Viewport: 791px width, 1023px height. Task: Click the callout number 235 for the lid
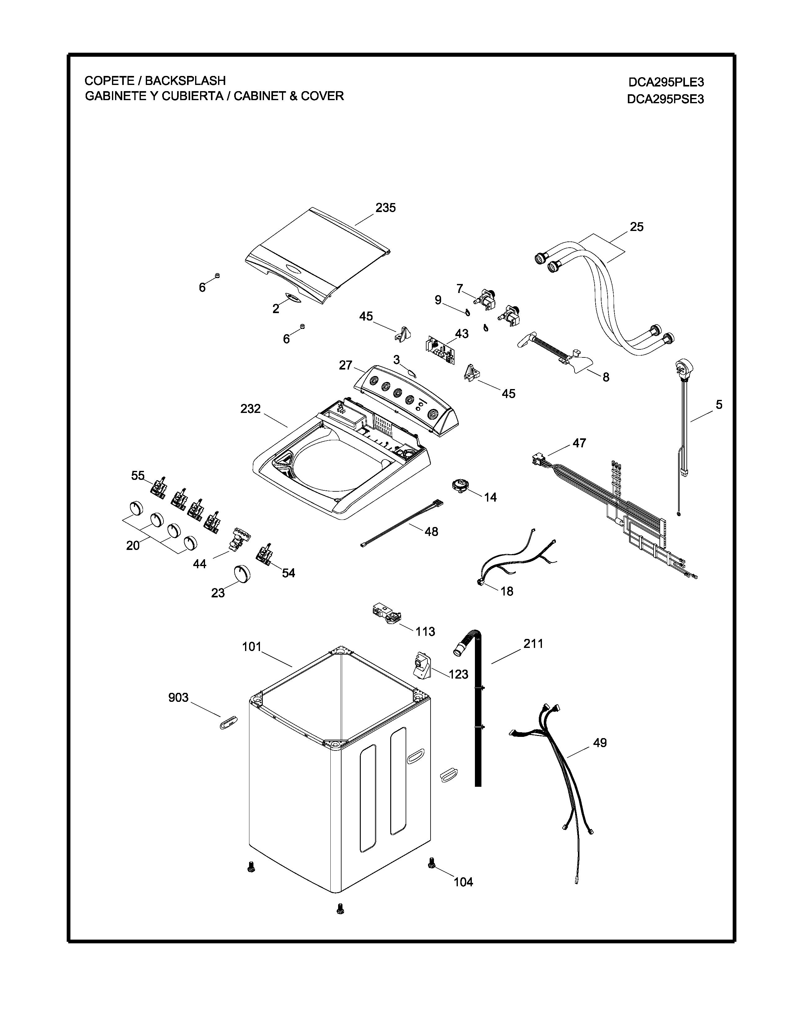(x=385, y=207)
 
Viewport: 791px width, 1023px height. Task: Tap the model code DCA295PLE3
(x=666, y=82)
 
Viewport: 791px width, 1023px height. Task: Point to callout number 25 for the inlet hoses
(x=636, y=227)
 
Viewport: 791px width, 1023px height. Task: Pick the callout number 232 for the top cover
(x=250, y=409)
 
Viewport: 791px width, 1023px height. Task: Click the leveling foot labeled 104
(x=431, y=862)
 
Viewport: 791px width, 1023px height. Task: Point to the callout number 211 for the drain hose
(x=533, y=644)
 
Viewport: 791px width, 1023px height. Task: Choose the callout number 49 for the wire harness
(x=600, y=742)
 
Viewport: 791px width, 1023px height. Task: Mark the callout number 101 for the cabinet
(x=251, y=647)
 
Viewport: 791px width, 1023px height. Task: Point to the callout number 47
(x=579, y=443)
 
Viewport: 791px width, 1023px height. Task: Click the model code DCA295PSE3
(x=665, y=99)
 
